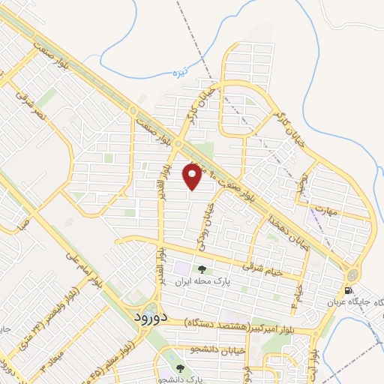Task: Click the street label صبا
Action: click(24, 222)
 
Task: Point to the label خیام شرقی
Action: click(263, 269)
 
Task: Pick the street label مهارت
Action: click(328, 208)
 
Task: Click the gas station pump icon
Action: click(348, 290)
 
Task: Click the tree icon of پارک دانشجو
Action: click(180, 369)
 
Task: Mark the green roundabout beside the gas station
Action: click(352, 270)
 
